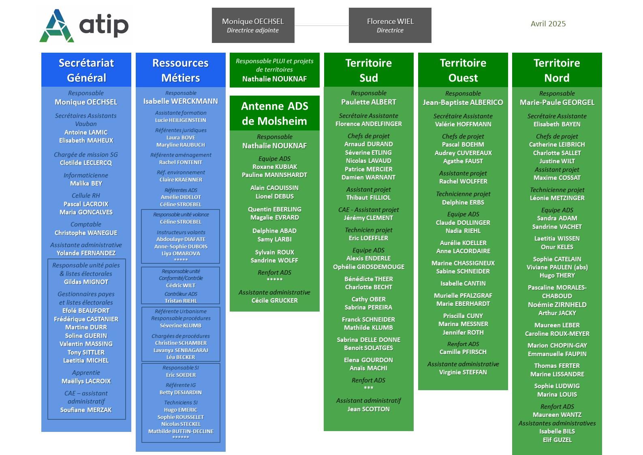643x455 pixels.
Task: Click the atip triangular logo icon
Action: tap(57, 26)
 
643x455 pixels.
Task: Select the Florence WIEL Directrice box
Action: tap(390, 25)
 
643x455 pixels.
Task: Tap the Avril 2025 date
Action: tap(548, 23)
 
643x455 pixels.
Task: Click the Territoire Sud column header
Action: tap(369, 70)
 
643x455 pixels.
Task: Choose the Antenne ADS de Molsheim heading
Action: tap(274, 113)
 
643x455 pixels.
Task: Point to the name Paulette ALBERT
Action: tap(369, 102)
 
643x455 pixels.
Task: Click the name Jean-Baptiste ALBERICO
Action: tap(463, 102)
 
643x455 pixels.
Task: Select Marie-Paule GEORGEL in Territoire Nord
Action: tap(557, 102)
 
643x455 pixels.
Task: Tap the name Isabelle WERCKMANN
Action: tap(181, 101)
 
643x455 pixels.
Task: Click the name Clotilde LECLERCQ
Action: tap(86, 163)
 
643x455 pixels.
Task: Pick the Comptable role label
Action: tap(86, 224)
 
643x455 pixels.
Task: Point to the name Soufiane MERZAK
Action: tap(86, 410)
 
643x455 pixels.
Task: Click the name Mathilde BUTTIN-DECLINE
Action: tap(181, 431)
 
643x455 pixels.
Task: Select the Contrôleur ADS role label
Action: tap(181, 294)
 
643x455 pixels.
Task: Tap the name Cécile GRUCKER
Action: tap(274, 301)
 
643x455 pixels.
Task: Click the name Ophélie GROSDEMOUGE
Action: tap(369, 267)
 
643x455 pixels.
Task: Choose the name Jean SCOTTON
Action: tap(369, 409)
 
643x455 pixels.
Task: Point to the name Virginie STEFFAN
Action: tap(463, 372)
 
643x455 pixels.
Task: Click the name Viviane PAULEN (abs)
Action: tap(557, 267)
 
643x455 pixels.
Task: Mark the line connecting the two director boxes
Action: tap(322, 26)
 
